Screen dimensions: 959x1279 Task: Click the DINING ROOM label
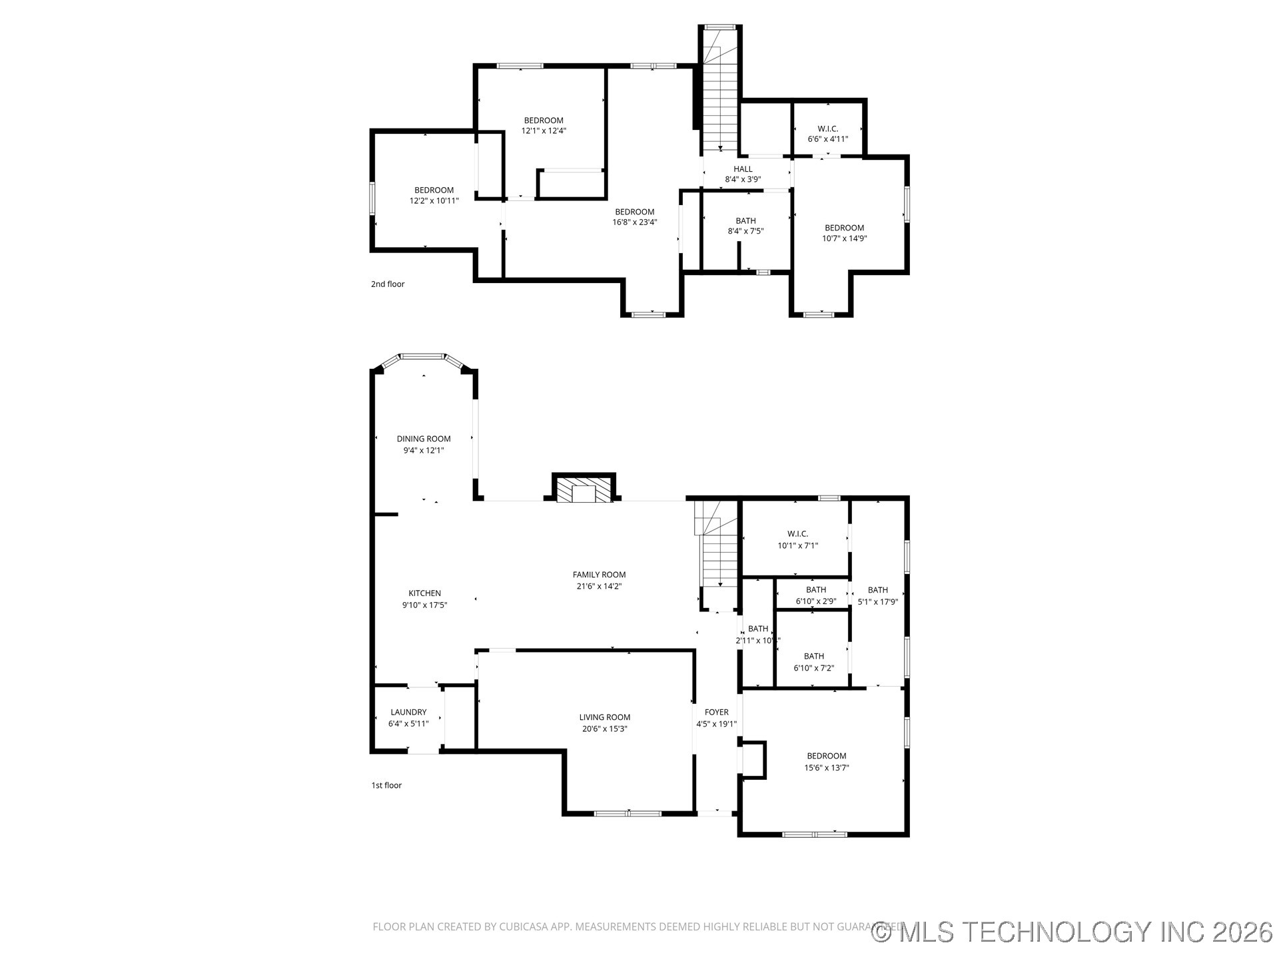(424, 439)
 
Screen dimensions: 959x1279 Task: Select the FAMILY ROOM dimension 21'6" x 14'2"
(599, 587)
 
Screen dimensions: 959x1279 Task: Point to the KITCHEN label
(424, 593)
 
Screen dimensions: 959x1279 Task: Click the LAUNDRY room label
(408, 712)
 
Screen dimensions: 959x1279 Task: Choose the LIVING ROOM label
(604, 717)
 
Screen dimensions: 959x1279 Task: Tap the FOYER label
(716, 712)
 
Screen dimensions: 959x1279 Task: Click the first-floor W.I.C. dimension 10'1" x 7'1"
(797, 545)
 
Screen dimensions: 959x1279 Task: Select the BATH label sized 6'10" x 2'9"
(815, 589)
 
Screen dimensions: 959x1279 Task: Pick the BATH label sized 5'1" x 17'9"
(877, 589)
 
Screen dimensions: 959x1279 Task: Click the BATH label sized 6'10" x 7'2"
(813, 656)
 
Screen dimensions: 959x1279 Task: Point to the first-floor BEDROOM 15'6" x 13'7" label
(826, 756)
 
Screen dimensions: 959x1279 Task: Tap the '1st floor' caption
(386, 785)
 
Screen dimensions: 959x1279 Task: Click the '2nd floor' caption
(388, 284)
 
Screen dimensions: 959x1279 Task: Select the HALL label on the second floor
(743, 169)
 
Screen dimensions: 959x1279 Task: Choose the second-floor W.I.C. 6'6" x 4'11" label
(827, 129)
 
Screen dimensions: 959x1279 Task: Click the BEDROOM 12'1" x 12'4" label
(544, 121)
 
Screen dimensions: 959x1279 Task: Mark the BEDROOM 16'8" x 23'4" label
(634, 212)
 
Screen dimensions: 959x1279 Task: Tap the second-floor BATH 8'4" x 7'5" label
(745, 221)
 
